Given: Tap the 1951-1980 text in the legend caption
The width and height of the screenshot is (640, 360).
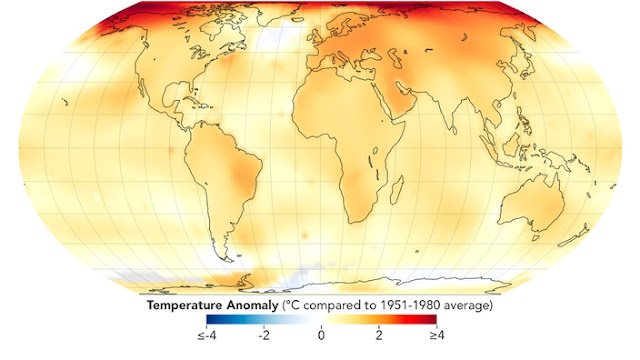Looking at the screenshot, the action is tap(411, 305).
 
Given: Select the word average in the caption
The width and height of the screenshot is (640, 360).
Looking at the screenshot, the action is tap(466, 305).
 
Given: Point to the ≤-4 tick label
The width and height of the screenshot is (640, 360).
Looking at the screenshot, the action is tap(207, 336).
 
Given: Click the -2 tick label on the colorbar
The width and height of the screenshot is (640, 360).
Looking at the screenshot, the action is tap(264, 336).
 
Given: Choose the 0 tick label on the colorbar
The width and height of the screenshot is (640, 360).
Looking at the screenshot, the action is tap(321, 336).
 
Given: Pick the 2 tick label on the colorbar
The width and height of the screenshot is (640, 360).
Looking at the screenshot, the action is tap(379, 336).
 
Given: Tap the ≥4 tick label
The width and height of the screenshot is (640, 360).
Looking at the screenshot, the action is tap(436, 336).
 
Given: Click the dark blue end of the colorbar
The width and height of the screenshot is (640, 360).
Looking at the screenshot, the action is tap(209, 319).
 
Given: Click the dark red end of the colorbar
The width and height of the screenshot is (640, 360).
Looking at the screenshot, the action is tap(434, 319).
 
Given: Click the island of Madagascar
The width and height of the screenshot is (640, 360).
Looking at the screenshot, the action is tap(397, 190).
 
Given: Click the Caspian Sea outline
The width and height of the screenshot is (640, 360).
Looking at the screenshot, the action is tap(395, 58).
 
